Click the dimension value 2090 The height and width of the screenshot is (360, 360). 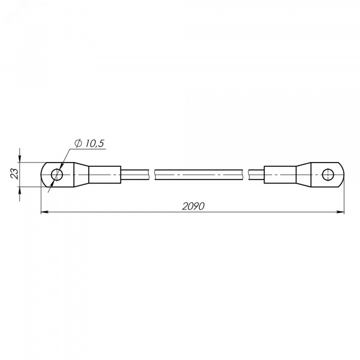193,206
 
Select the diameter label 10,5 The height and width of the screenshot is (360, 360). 95,143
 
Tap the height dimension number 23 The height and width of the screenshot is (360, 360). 14,173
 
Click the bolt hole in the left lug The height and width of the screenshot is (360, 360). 57,175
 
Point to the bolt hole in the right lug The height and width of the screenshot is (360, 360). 328,175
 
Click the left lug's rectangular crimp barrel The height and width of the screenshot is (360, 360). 104,175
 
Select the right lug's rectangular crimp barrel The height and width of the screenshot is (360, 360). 280,175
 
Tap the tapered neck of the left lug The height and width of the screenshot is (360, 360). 81,175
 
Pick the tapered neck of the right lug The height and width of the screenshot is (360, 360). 304,175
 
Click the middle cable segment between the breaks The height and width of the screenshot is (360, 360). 199,175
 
